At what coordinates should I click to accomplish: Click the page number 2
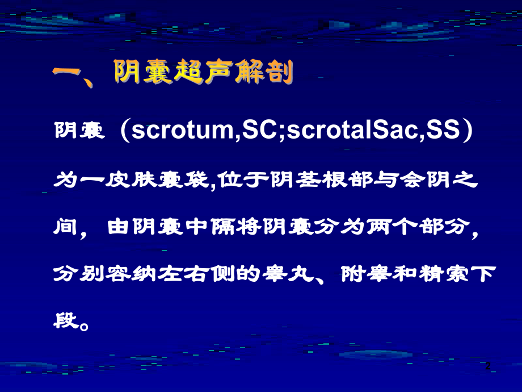[487, 367]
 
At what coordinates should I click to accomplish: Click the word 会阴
[426, 183]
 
